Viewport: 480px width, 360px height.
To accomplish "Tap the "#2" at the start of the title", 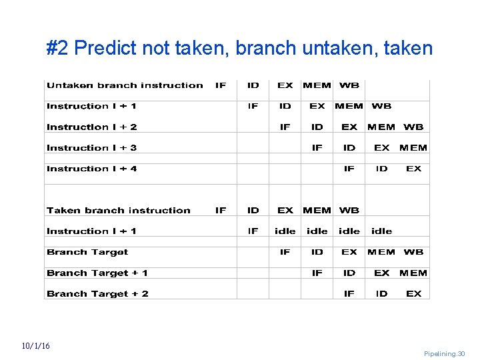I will pos(59,48).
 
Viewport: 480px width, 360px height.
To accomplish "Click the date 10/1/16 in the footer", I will pos(35,346).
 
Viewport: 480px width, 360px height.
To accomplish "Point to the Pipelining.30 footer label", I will pos(444,354).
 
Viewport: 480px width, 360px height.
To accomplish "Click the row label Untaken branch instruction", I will pos(125,85).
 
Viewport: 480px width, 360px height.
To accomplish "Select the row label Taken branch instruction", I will pos(119,211).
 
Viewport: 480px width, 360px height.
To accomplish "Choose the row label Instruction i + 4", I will pos(92,169).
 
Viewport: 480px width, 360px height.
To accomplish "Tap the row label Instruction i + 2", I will pos(92,127).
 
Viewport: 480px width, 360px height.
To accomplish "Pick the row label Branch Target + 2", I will pos(97,294).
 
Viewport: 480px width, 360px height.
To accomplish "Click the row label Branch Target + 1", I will pos(97,273).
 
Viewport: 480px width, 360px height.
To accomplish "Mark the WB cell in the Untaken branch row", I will pos(349,85).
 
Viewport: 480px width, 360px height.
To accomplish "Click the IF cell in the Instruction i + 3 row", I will pos(317,148).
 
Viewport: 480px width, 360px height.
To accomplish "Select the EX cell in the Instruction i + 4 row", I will pos(414,169).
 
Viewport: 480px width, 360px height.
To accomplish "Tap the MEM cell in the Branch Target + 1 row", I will pos(413,273).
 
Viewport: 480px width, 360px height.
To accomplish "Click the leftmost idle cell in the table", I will pos(285,231).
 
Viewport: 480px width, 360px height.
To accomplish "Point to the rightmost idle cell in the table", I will pos(381,231).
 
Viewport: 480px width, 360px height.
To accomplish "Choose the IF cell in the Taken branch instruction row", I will pos(221,211).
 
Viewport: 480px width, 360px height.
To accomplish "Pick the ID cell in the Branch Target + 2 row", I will pos(381,294).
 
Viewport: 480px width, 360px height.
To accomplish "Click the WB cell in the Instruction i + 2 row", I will pos(413,127).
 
